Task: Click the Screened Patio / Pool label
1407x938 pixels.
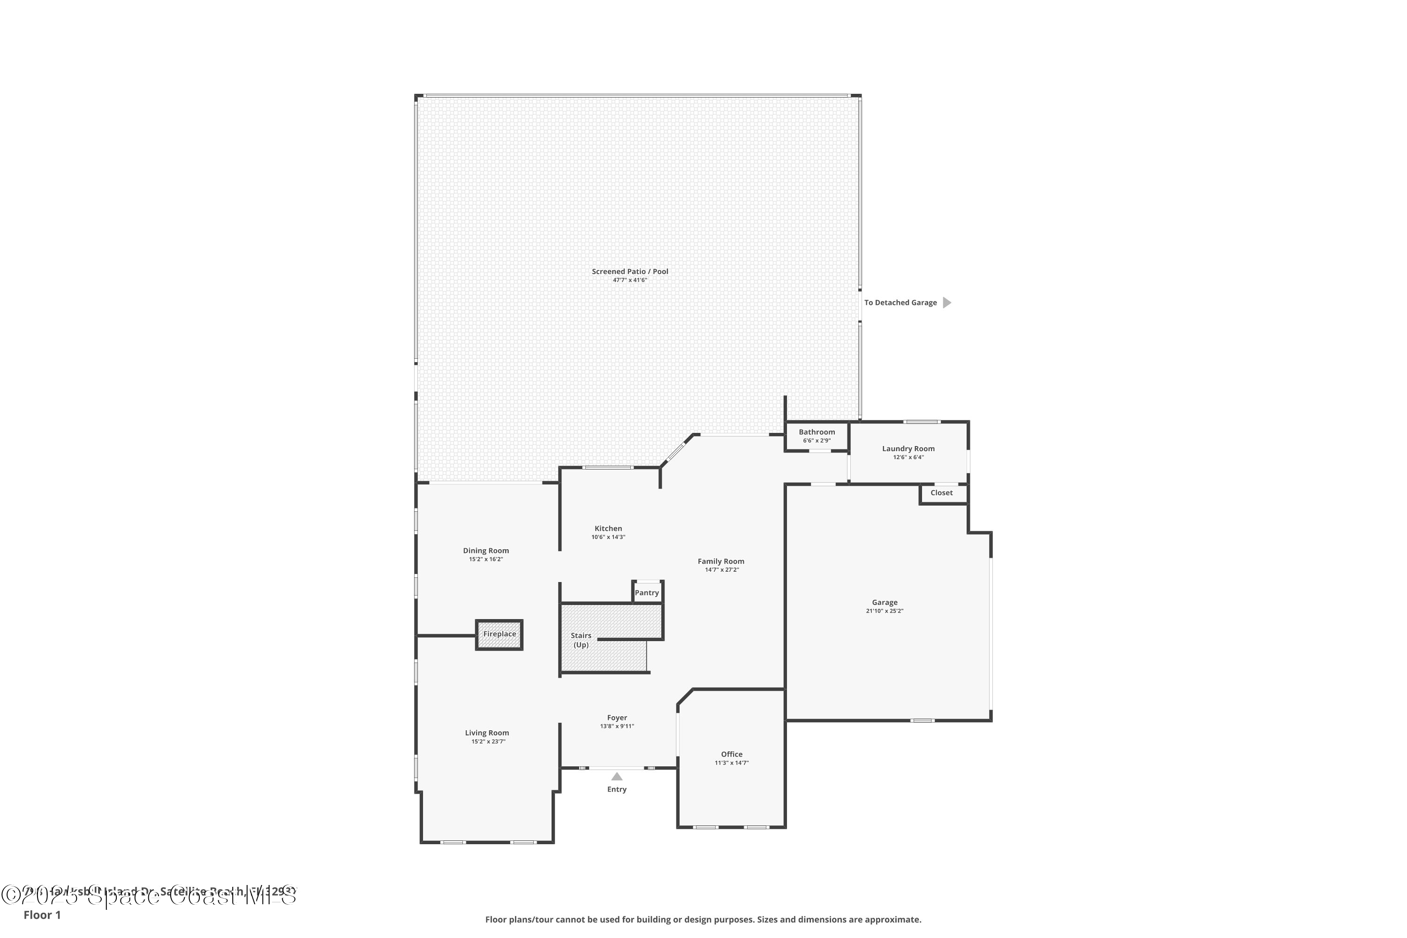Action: coord(630,271)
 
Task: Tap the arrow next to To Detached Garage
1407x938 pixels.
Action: coord(946,303)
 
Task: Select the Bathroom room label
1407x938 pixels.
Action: coord(817,432)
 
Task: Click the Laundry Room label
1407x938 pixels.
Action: coord(908,449)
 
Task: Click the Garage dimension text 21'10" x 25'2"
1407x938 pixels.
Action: coord(884,611)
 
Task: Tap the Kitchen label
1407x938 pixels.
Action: coord(608,528)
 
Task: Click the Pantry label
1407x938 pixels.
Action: coord(647,593)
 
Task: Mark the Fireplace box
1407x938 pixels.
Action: coord(499,634)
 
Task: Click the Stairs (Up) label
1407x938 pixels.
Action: coord(581,640)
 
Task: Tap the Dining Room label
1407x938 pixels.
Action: coord(486,550)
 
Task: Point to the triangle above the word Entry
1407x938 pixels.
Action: coord(617,777)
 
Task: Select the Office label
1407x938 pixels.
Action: coord(732,754)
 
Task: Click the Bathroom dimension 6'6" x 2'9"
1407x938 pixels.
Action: coord(817,440)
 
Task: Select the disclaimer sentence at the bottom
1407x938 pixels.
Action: coord(703,919)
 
